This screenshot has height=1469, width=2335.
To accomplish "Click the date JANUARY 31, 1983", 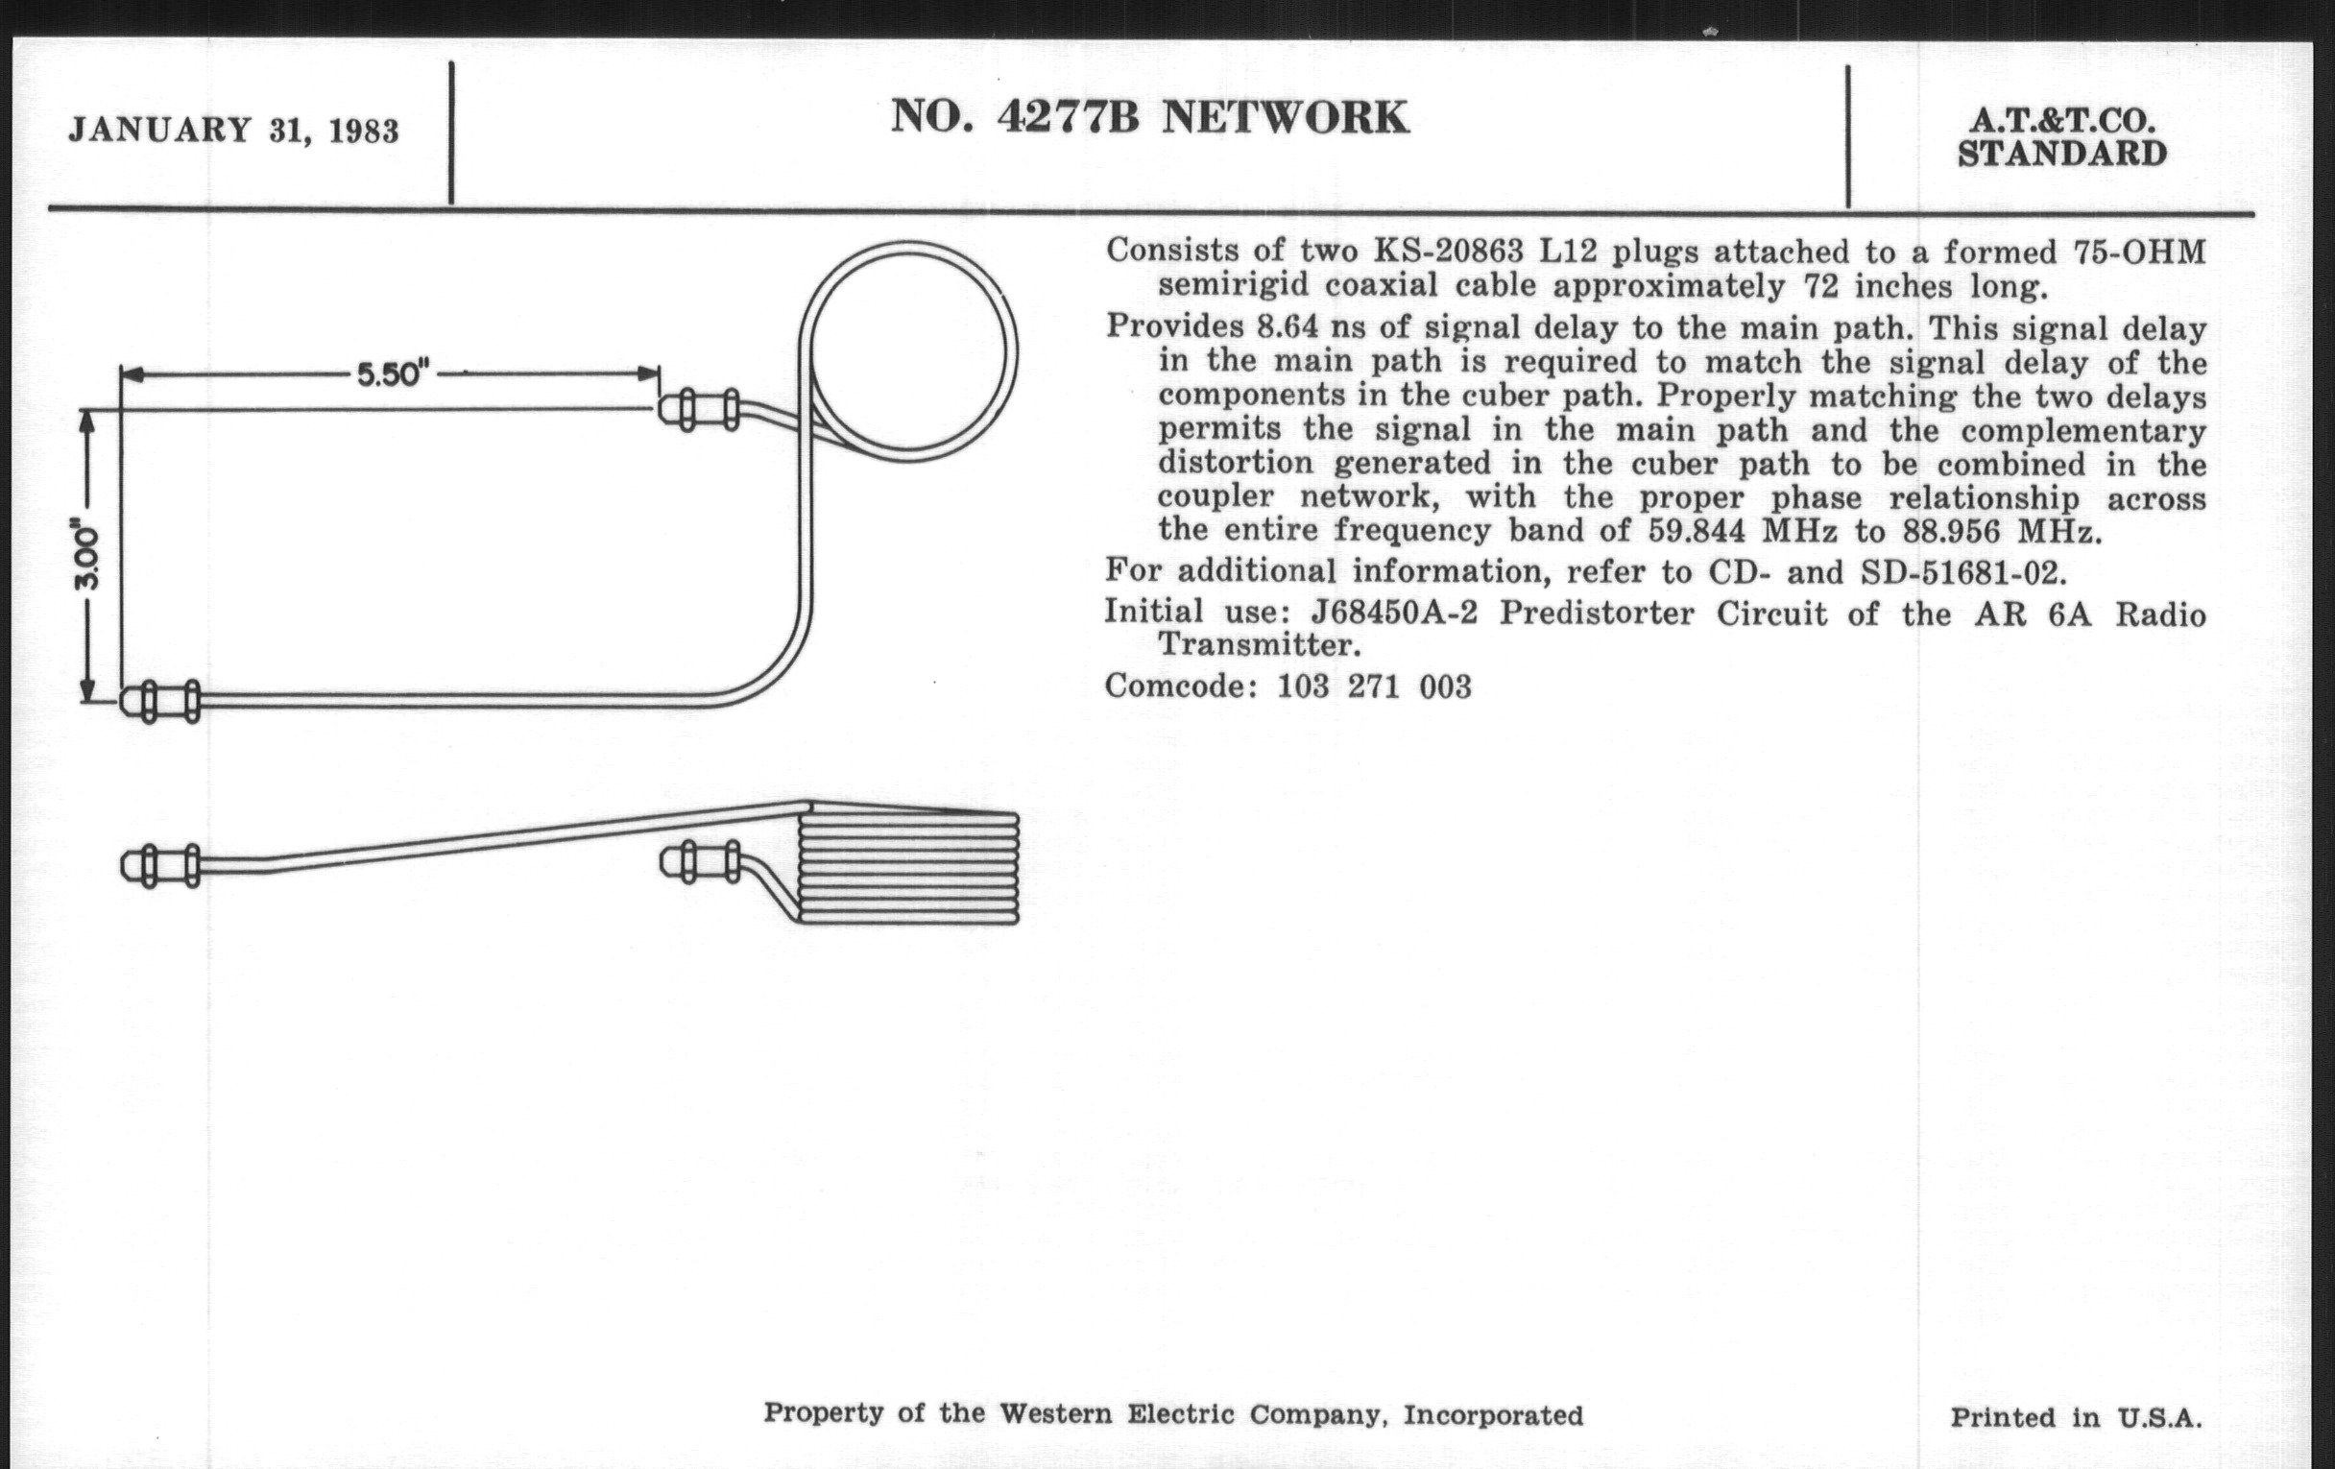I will (232, 131).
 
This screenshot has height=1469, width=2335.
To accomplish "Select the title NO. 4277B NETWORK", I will (1149, 118).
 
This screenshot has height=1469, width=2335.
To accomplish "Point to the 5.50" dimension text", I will (394, 374).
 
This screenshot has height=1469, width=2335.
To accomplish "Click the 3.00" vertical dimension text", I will (87, 556).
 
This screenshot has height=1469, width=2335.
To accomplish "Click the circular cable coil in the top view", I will (908, 351).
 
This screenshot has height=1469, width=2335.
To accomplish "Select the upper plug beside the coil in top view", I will (699, 409).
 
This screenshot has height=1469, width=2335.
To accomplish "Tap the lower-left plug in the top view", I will (161, 701).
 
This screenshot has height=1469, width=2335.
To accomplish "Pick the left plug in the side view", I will (161, 865).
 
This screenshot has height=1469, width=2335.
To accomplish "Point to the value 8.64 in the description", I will (1288, 327).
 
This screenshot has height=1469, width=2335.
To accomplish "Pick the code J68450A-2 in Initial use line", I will (1393, 614).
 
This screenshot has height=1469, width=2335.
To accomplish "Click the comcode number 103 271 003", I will (1373, 686).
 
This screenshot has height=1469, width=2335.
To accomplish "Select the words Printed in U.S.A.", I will (2075, 1417).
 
